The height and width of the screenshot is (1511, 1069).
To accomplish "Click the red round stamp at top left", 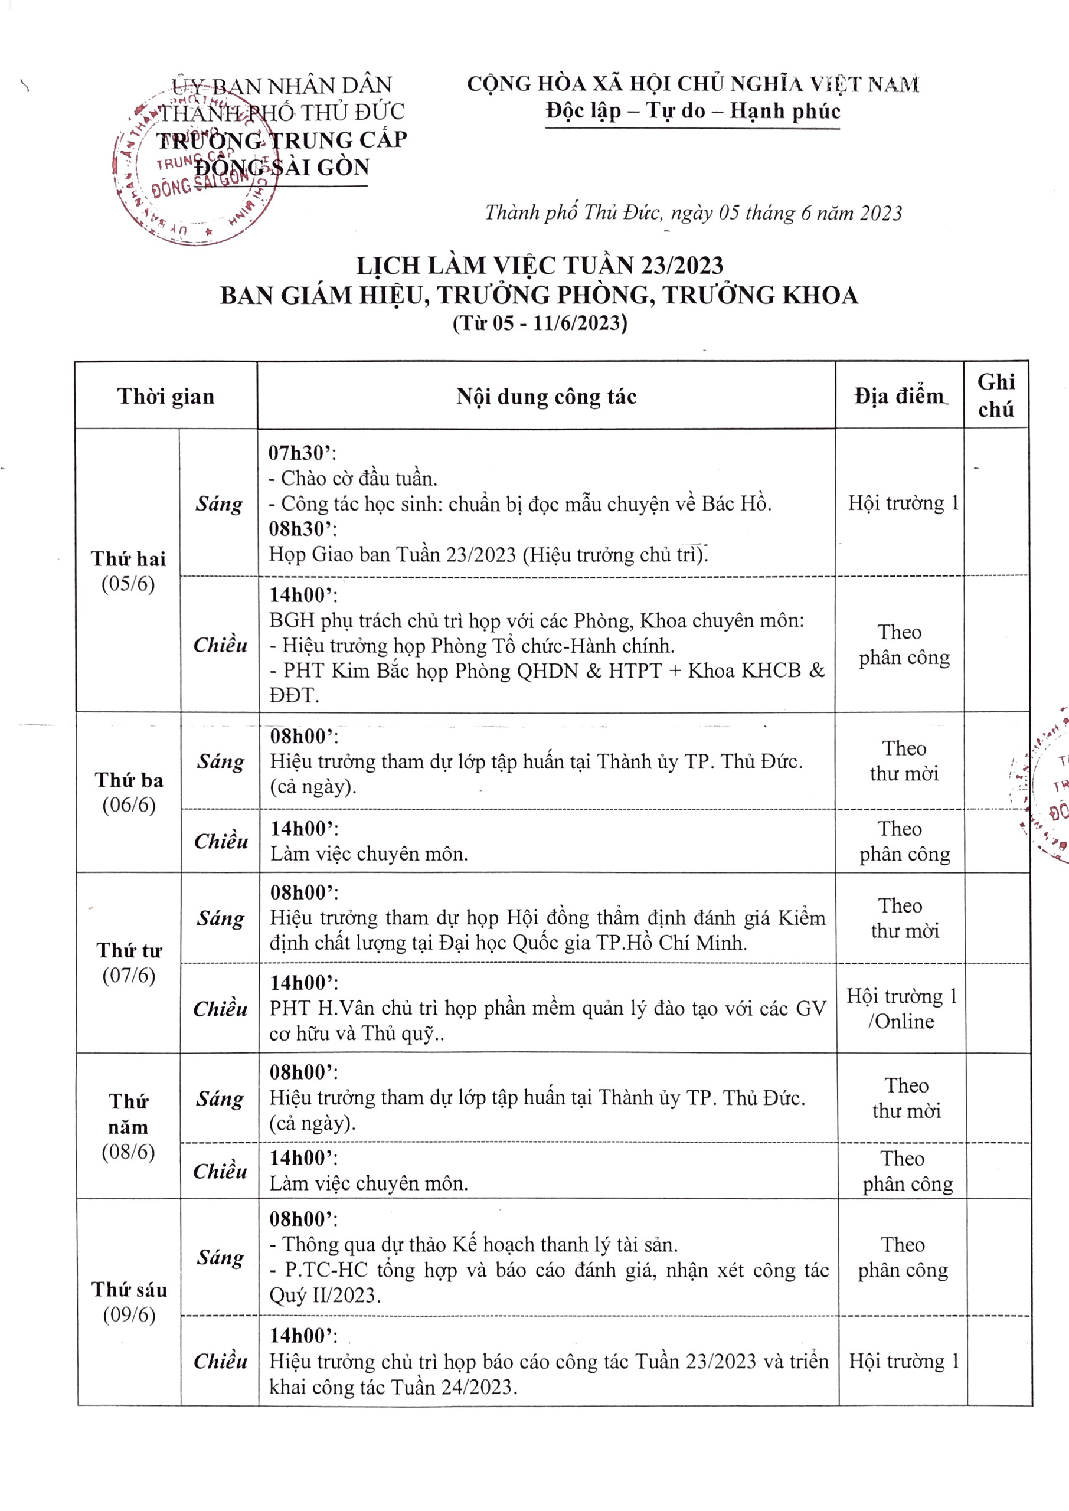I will tap(195, 172).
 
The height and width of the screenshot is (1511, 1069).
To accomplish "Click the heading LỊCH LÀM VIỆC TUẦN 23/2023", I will tap(539, 265).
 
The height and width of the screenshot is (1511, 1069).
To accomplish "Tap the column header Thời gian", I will tap(166, 396).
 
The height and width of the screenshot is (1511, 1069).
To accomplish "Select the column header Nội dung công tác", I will tap(547, 396).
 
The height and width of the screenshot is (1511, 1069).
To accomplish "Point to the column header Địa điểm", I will tap(898, 396).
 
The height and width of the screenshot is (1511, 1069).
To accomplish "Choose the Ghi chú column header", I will tap(995, 395).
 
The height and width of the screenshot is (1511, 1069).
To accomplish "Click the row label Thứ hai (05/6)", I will tap(128, 571).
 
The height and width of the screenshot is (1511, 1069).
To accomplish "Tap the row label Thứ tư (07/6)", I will tap(129, 962).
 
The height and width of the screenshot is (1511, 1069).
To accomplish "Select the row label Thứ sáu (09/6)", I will tap(129, 1301).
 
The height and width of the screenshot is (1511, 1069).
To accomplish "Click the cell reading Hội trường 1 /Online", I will tap(901, 1008).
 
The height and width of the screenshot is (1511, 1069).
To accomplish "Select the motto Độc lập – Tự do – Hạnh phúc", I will tap(692, 110).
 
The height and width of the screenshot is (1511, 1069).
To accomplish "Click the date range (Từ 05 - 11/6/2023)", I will tap(539, 323).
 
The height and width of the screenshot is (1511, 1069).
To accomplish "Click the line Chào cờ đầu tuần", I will tap(359, 479).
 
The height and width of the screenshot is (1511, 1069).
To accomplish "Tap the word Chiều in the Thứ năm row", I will tap(220, 1171).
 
